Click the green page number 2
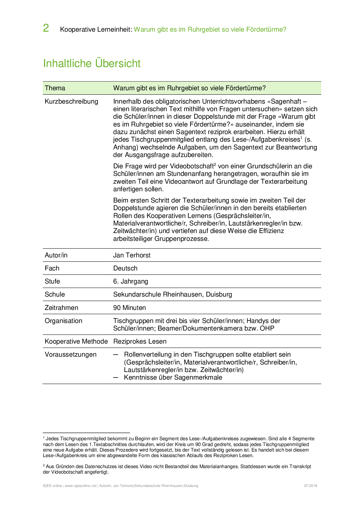pos(46,28)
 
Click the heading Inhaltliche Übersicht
pos(92,64)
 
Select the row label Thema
pos(55,88)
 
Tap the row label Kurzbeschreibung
pos(71,102)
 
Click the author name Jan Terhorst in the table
pos(132,255)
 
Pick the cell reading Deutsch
pos(125,268)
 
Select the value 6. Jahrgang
pos(131,281)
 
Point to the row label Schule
pos(55,295)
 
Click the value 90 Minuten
pos(129,308)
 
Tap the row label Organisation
pos(63,321)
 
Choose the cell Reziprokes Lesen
pos(140,342)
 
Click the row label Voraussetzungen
pos(71,355)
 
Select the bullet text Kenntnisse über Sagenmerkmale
pos(173,378)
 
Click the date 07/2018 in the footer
pos(311,486)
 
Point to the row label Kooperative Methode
pos(76,342)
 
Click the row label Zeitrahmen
pos(61,308)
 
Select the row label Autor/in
pos(56,255)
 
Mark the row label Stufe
pos(52,281)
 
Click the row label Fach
pos(52,268)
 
